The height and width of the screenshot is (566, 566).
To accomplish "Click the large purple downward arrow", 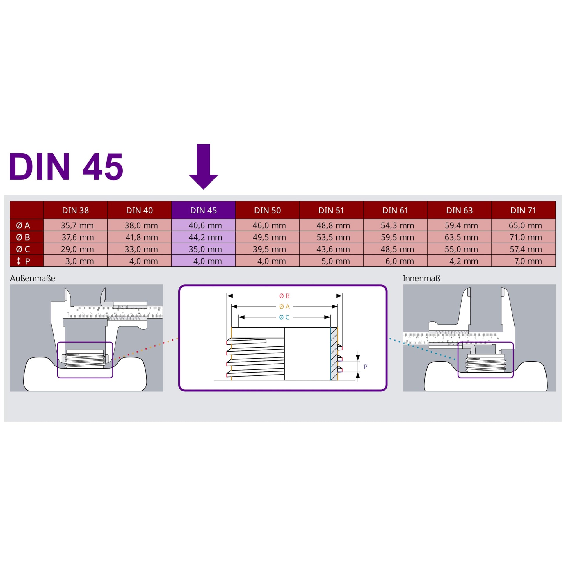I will coord(203,166).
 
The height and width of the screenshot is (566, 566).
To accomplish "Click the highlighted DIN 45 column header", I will coord(203,210).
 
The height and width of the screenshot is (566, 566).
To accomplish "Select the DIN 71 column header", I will coord(523,210).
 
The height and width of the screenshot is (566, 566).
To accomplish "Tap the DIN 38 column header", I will coord(75,210).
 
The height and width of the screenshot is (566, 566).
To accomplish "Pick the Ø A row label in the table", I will coord(23,225).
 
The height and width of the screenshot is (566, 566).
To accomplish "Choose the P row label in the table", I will coord(24,261).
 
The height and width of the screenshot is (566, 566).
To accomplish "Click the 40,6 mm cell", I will coord(205,226).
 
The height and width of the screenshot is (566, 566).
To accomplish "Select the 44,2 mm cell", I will coord(205,237).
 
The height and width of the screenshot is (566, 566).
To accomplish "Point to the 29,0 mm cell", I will coord(78,249).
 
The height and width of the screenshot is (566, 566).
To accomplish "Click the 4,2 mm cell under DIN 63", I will coord(464,261).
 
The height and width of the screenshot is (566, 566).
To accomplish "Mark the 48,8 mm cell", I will coord(333,226).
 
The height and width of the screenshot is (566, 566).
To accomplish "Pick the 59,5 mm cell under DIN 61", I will coord(397,237).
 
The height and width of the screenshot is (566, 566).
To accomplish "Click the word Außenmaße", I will coord(33,278).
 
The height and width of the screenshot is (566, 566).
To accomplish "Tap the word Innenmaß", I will coord(421,278).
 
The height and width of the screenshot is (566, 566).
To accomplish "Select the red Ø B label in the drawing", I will coord(284,296).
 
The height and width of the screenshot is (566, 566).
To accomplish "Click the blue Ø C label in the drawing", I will coord(284,317).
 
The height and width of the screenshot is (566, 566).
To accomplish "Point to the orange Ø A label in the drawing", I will coord(284,307).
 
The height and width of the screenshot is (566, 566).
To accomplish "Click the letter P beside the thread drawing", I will coord(366,367).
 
